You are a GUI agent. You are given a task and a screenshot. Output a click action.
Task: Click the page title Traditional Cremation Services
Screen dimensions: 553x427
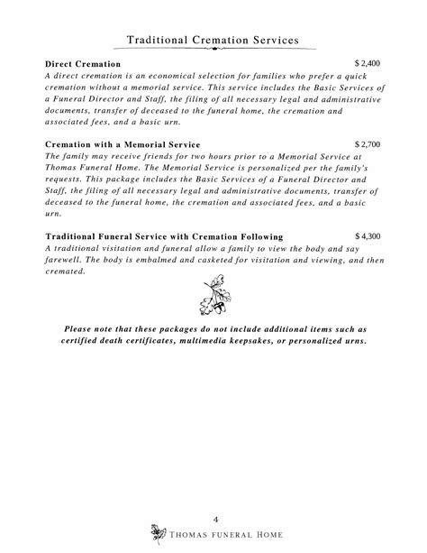coord(213,40)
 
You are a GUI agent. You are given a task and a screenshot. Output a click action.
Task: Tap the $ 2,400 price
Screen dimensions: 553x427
coord(368,65)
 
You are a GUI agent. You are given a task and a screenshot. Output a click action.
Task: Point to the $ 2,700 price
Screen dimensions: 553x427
coord(368,143)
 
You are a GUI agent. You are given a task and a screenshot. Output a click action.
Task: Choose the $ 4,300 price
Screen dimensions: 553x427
coord(368,236)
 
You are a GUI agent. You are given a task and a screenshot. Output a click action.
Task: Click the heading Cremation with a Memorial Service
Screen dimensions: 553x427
coord(123,144)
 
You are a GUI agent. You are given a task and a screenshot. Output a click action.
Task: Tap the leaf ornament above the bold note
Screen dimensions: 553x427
coord(213,297)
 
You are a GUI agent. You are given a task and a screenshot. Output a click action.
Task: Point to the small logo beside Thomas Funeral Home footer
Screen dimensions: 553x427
coord(161,531)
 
